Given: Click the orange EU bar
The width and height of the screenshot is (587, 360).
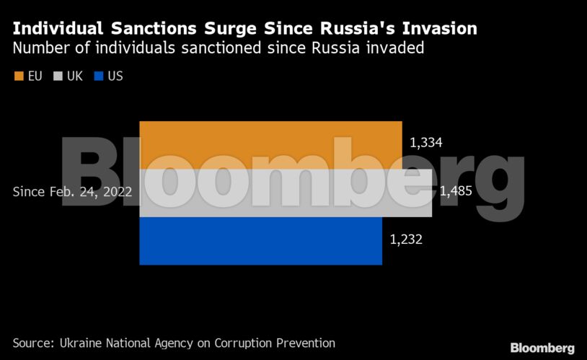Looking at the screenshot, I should pyautogui.click(x=270, y=145).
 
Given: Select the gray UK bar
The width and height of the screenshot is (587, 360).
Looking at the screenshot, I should pyautogui.click(x=286, y=193).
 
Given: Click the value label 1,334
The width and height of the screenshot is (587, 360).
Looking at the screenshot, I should pyautogui.click(x=425, y=143).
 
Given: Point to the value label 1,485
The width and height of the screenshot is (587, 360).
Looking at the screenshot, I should pyautogui.click(x=456, y=191).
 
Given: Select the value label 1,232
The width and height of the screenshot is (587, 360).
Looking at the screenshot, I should pyautogui.click(x=405, y=240).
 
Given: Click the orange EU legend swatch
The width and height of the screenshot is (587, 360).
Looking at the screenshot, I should pyautogui.click(x=19, y=76).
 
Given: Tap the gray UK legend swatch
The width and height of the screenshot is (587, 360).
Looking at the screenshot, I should pyautogui.click(x=58, y=76).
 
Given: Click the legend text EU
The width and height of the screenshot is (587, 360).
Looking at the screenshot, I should pyautogui.click(x=35, y=76).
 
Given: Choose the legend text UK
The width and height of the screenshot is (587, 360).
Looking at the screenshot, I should pyautogui.click(x=75, y=76).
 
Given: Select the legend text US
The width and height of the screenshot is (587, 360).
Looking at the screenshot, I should pyautogui.click(x=115, y=76).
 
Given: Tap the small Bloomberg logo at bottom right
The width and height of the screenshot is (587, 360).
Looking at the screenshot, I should pyautogui.click(x=542, y=348).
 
